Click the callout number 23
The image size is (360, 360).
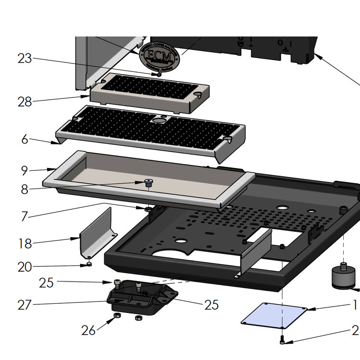[x=24, y=59]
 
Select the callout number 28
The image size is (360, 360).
[x=24, y=102]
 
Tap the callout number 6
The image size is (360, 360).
[x=24, y=140]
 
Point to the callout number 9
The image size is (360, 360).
[x=24, y=170]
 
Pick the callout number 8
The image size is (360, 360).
[x=24, y=189]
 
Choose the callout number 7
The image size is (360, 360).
[x=24, y=216]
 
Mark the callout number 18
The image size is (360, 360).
[x=24, y=243]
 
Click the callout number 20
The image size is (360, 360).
[x=24, y=267]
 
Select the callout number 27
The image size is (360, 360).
[x=24, y=304]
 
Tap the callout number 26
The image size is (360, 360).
[x=88, y=330]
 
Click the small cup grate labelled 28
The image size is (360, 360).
[x=149, y=91]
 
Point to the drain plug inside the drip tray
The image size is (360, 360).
[x=148, y=182]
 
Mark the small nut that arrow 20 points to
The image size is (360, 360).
[x=89, y=264]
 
